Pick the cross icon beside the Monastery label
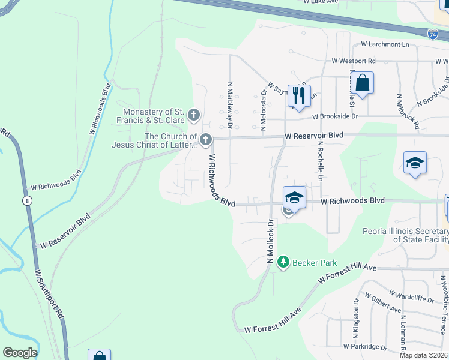193,113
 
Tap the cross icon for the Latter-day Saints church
205,140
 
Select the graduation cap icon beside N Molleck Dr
294,197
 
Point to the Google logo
19,353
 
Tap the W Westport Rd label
354,61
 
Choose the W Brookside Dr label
334,116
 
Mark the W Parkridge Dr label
365,347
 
